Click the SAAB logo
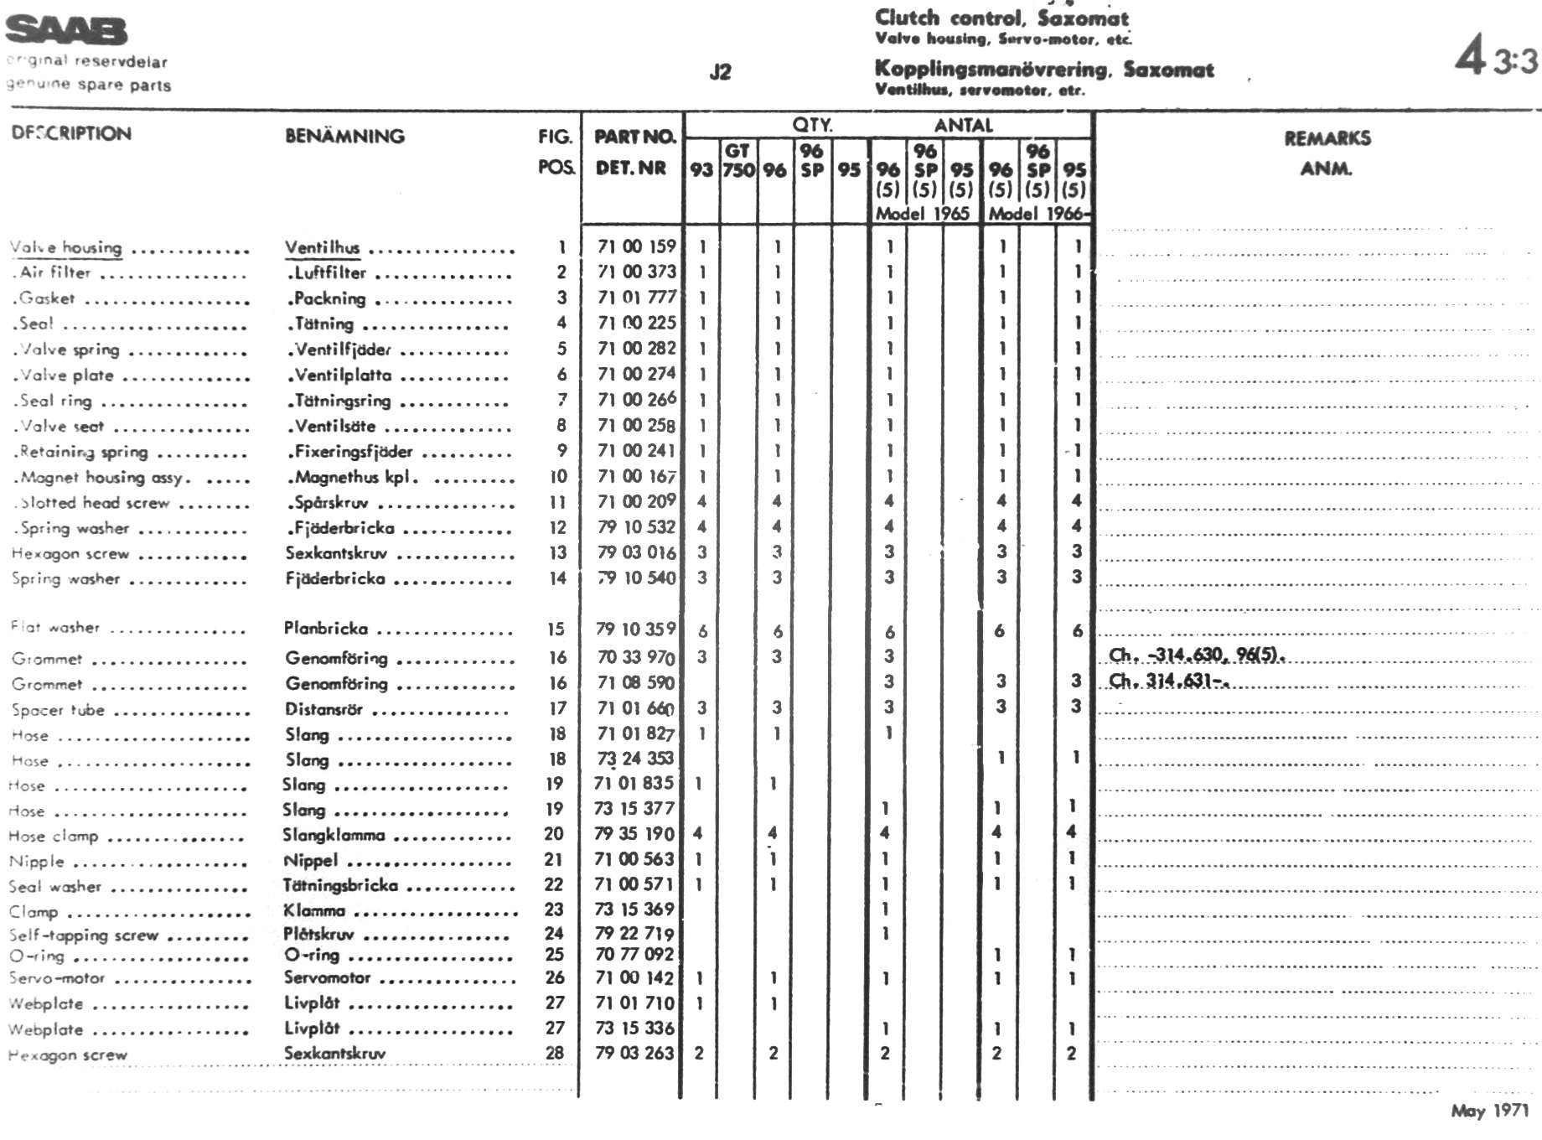click(x=67, y=31)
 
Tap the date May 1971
click(x=1489, y=1111)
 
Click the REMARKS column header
click(x=1327, y=138)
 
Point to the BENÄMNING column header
click(x=344, y=136)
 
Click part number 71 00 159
click(x=636, y=246)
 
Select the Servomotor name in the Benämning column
click(x=327, y=977)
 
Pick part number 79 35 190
click(x=634, y=834)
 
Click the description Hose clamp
click(x=54, y=837)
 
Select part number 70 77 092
click(x=634, y=954)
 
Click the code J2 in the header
click(x=720, y=72)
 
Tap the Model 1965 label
click(x=922, y=214)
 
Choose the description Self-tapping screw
click(x=84, y=935)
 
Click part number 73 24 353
click(x=634, y=759)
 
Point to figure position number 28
click(x=555, y=1053)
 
